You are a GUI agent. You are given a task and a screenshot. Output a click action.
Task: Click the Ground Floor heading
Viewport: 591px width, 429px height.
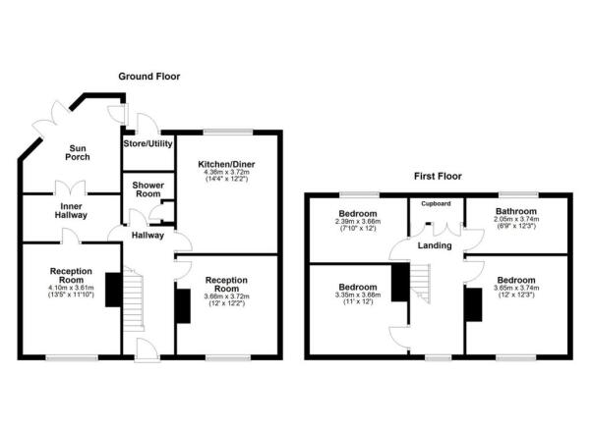149,77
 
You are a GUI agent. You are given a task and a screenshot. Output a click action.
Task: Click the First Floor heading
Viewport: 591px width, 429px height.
438,176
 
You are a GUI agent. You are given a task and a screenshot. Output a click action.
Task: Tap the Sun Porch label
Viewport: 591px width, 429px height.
78,153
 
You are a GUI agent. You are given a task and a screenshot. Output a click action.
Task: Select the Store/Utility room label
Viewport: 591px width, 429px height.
148,143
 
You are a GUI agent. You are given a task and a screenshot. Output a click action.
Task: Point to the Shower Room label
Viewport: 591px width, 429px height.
148,189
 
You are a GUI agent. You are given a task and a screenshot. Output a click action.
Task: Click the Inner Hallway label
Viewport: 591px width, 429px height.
71,211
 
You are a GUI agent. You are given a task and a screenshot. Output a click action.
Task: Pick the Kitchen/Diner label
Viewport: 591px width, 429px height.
226,165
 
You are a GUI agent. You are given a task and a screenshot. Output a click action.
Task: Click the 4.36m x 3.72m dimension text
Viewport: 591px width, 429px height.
226,173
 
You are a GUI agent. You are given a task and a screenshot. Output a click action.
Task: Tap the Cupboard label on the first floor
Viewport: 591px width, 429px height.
436,203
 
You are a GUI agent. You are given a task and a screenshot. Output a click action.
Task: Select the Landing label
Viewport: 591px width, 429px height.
435,245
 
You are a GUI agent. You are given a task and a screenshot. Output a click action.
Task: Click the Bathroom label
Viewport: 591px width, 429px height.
516,211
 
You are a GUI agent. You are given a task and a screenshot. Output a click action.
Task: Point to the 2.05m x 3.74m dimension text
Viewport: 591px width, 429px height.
516,219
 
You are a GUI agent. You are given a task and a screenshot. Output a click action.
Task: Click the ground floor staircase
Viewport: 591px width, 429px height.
133,298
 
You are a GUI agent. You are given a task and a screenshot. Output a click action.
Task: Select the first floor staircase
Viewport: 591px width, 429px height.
420,283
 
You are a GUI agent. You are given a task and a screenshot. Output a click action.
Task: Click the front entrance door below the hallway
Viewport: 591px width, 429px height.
147,350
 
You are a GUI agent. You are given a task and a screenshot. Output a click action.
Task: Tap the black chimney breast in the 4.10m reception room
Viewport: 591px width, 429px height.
113,290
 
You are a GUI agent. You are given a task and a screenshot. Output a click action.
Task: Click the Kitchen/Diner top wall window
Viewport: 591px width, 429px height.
228,133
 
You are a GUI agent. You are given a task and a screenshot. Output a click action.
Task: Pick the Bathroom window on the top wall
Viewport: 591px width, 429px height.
518,194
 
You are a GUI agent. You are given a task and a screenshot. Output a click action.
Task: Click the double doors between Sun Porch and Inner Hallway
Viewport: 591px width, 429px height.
71,188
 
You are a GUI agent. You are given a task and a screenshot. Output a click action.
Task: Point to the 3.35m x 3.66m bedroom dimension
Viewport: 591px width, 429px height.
358,295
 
